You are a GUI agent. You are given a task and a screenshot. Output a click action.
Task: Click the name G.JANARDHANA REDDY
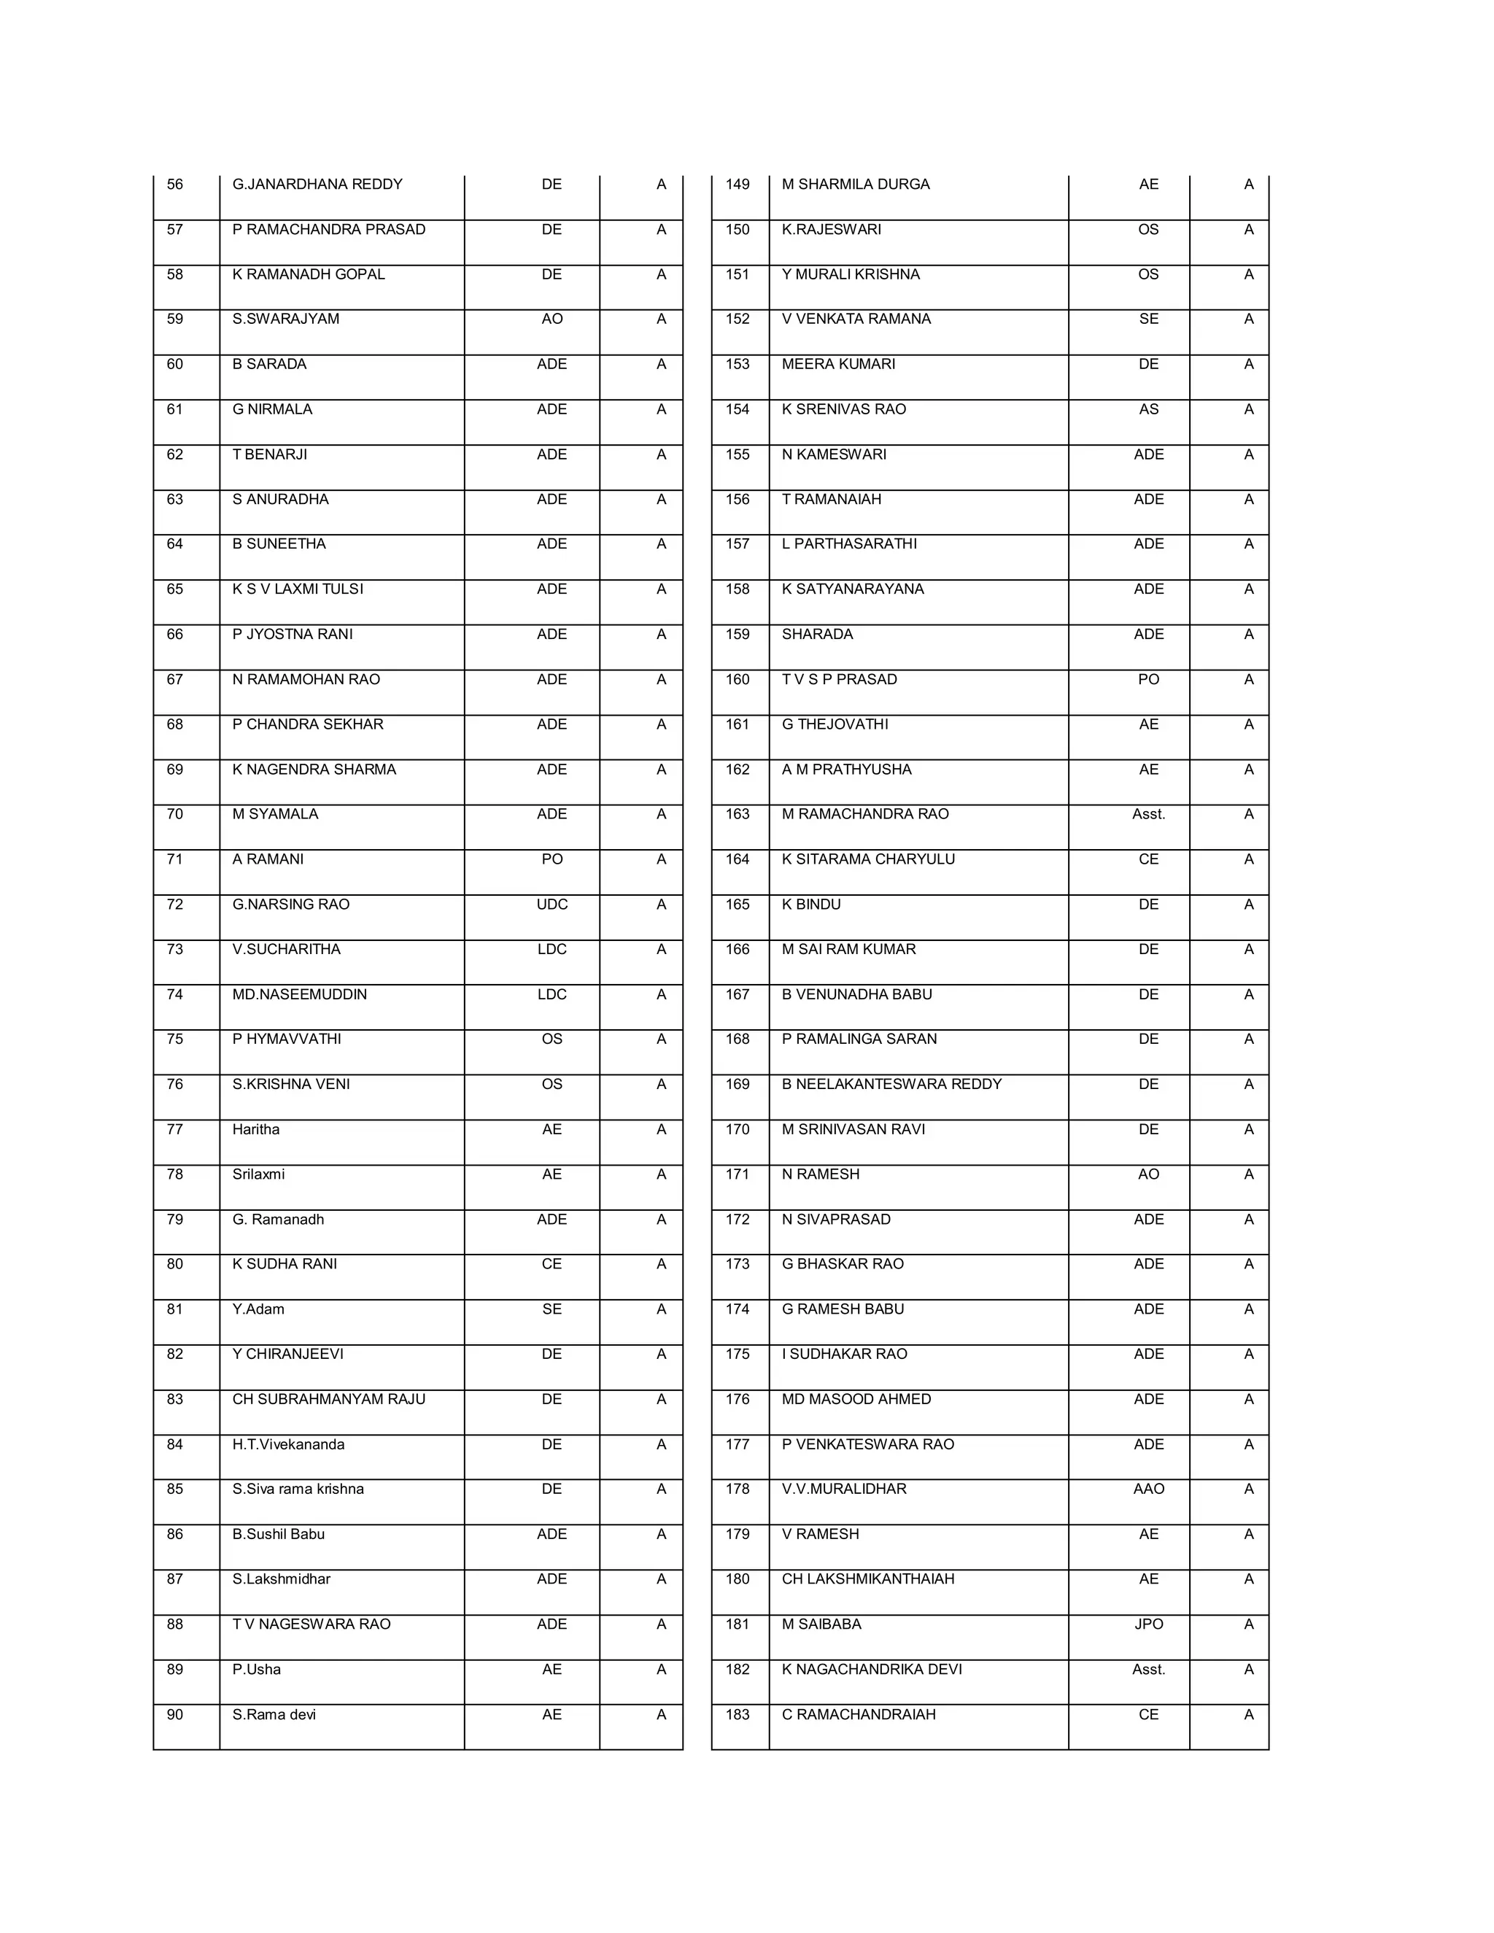(x=317, y=184)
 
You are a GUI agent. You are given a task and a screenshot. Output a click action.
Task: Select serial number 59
(x=175, y=319)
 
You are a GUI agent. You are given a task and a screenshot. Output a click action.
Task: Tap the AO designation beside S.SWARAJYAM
(x=551, y=319)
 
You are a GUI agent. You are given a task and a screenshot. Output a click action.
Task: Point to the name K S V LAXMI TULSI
(x=298, y=589)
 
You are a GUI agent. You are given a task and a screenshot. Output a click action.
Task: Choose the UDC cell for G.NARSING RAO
(x=551, y=904)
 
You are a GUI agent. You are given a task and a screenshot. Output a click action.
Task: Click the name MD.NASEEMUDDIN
(x=299, y=994)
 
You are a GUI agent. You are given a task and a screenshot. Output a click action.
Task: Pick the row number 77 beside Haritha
(x=175, y=1129)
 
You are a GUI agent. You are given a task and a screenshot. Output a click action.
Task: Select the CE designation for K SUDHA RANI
(x=551, y=1264)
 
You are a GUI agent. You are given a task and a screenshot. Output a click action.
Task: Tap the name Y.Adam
(x=258, y=1309)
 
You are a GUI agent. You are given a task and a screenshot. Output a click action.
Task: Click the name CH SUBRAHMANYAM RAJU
(x=328, y=1399)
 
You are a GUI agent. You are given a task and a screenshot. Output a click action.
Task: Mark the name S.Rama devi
(x=274, y=1714)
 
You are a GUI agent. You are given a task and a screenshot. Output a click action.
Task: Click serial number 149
(x=738, y=184)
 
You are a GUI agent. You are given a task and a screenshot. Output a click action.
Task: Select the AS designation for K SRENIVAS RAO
(x=1148, y=409)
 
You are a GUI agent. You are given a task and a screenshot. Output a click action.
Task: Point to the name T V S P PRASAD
(x=839, y=679)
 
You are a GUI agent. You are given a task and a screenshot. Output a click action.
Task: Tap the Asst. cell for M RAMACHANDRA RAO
(x=1148, y=814)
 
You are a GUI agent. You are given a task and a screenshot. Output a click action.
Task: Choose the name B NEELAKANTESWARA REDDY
(x=891, y=1084)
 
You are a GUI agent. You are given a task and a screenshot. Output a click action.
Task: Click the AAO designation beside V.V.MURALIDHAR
(x=1148, y=1489)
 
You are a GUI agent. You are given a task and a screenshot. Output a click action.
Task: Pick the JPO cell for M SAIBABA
(x=1148, y=1624)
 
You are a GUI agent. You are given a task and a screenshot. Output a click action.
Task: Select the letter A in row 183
(x=1248, y=1714)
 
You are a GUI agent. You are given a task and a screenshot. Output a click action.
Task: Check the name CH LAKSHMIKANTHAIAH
(x=867, y=1579)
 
